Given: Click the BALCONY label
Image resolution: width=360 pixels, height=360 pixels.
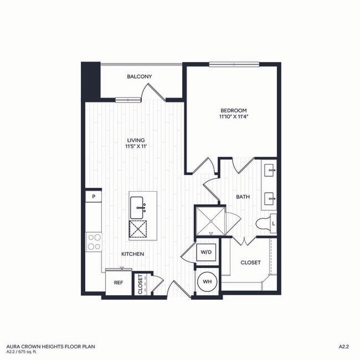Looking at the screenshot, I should coord(139,76).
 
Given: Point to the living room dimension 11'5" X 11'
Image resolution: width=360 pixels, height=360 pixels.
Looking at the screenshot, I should coord(136,147).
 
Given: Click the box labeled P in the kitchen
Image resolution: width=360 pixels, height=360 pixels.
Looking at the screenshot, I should coord(94,196).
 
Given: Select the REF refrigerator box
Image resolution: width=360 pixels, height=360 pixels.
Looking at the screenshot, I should coord(118,282).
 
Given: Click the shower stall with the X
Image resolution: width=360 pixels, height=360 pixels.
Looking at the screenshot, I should coord(209,220).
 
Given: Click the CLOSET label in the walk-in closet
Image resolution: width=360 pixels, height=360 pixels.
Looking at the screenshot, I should coord(250,263).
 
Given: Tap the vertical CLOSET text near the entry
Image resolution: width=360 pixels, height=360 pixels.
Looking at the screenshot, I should coord(140,284).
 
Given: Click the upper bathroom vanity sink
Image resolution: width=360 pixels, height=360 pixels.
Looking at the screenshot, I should coord(269,169).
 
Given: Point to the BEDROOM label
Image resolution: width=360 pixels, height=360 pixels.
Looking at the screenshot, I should coord(233,110).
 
